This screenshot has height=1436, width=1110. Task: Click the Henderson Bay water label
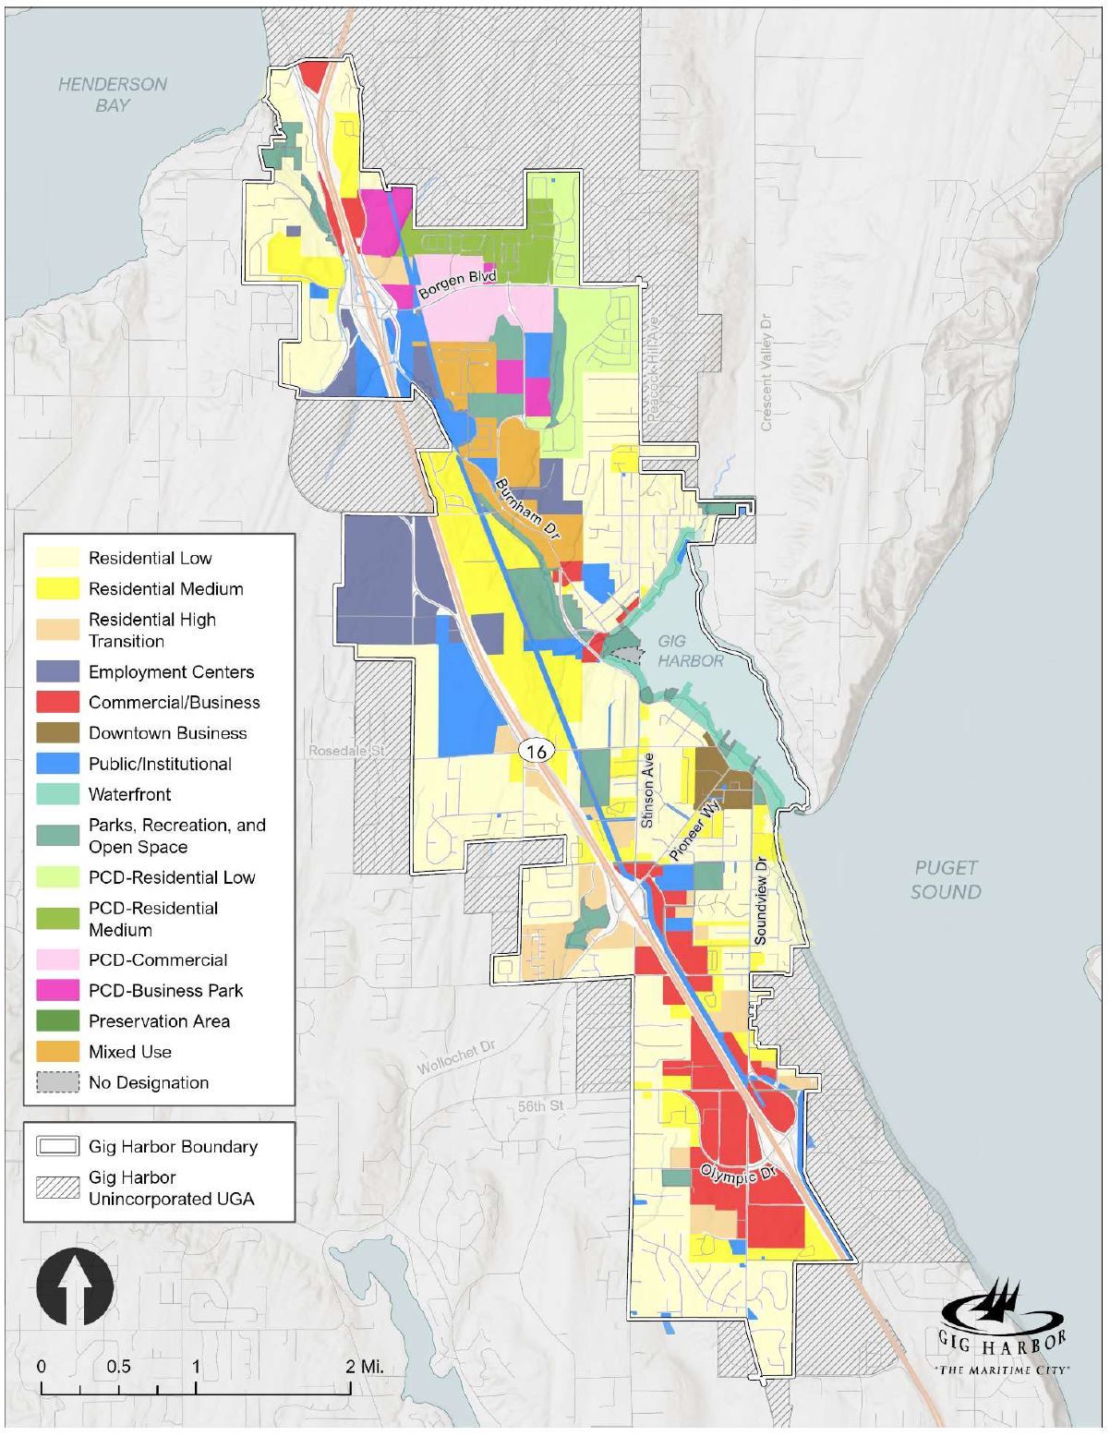point(112,94)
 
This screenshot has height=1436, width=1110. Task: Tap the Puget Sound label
point(946,880)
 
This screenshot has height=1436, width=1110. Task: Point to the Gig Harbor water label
point(691,651)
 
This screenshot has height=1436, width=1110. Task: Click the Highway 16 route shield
point(536,751)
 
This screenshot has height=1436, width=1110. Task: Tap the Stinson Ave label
point(648,790)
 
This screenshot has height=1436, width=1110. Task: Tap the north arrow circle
point(75,1285)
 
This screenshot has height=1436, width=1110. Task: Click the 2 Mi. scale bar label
point(364,1366)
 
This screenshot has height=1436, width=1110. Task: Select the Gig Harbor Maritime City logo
point(1002,1327)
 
